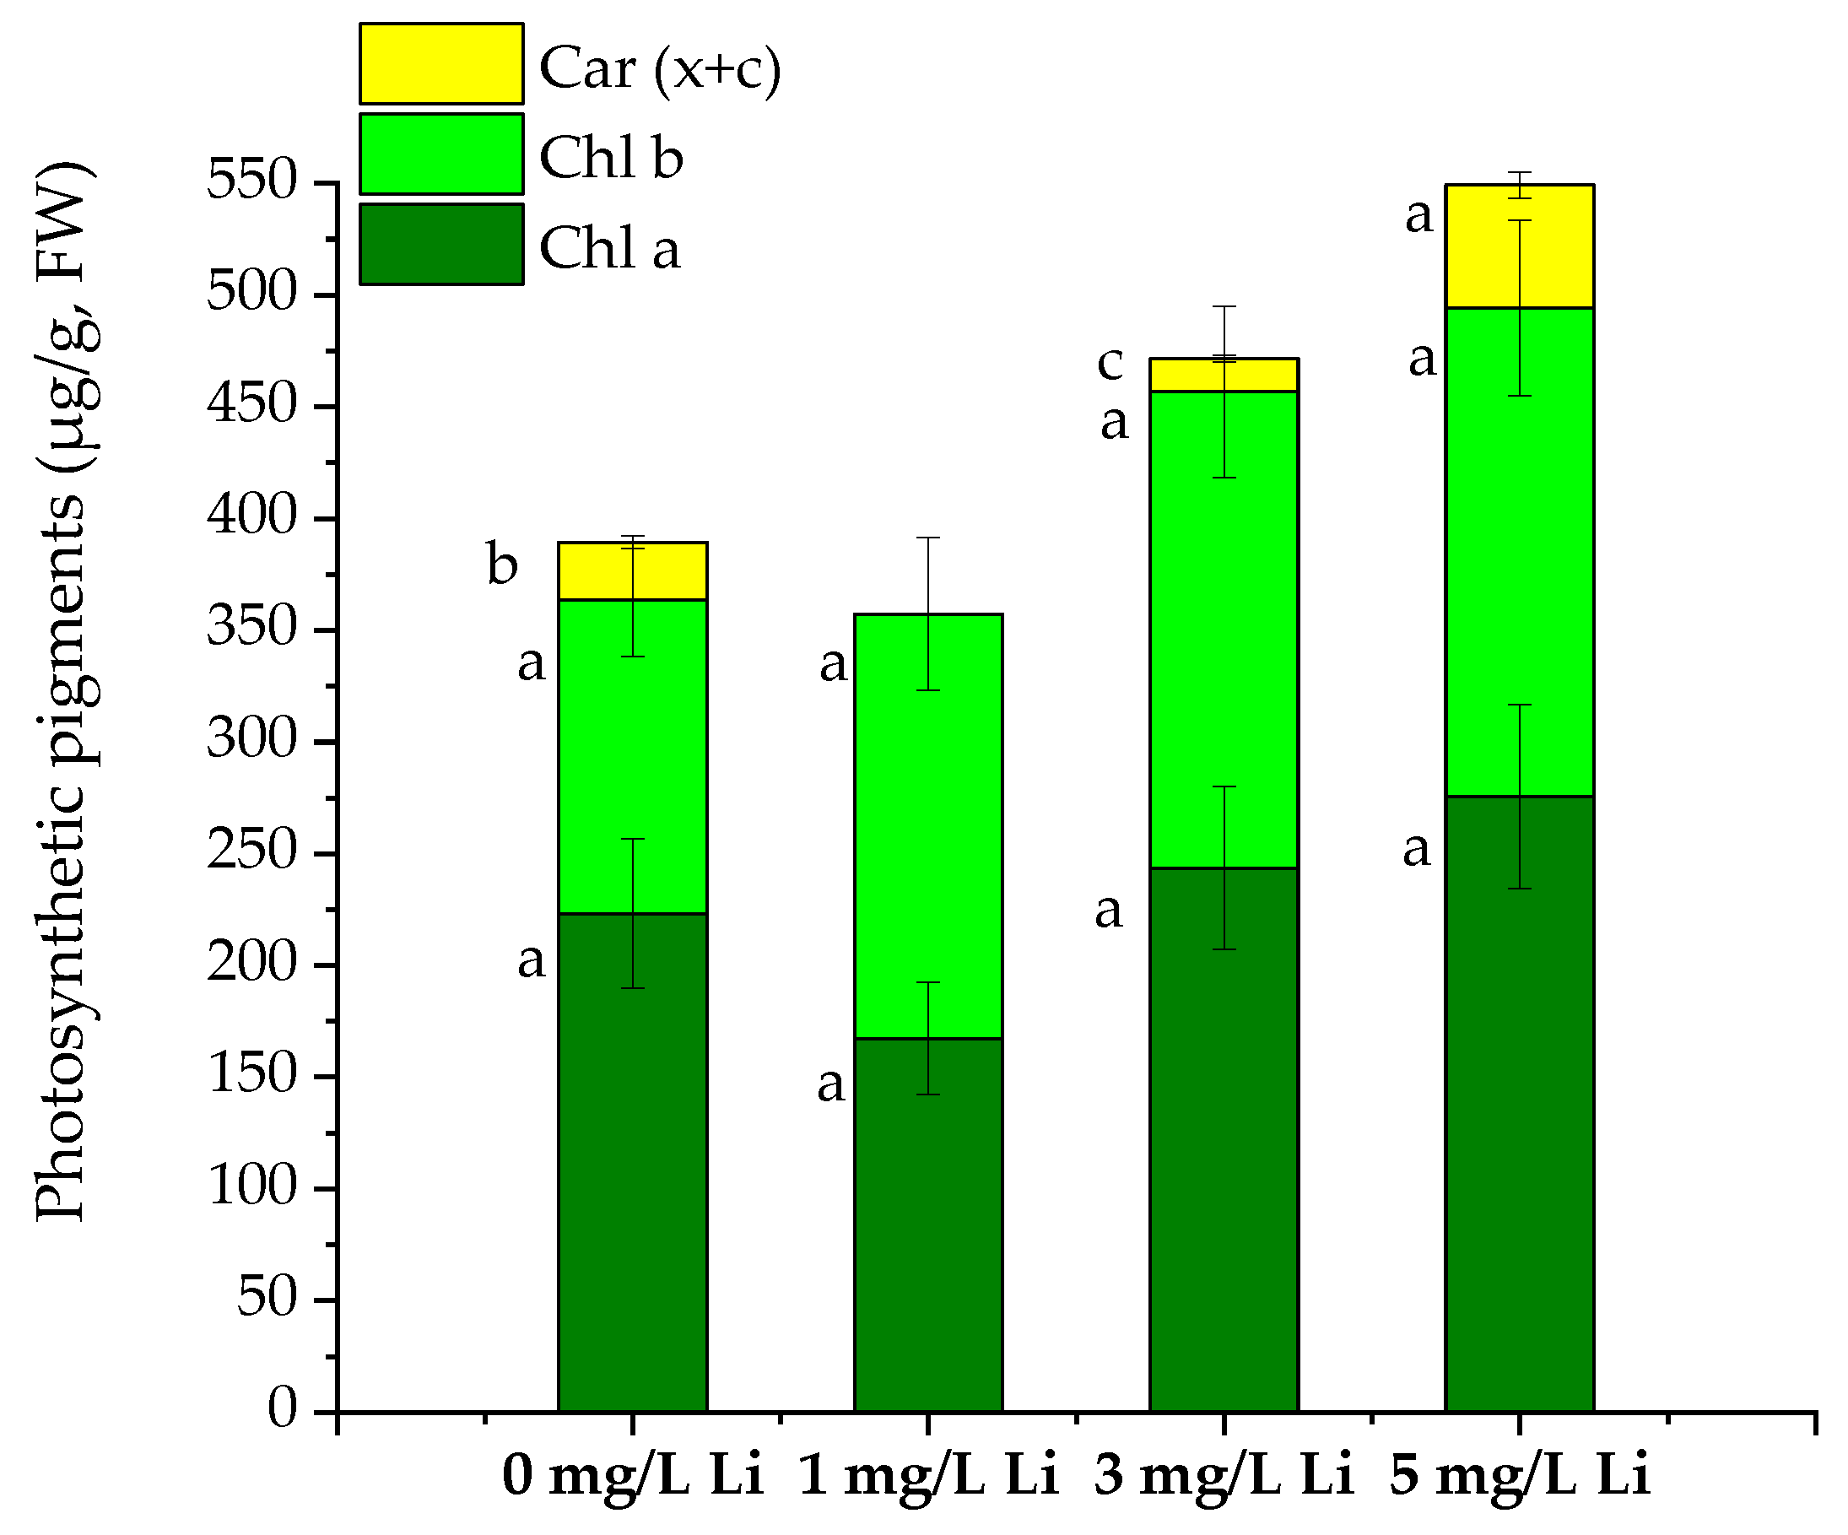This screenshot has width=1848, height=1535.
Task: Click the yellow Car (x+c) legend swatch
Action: click(x=440, y=64)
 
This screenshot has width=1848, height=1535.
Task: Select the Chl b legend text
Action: click(x=611, y=158)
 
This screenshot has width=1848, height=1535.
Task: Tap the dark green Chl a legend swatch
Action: click(x=440, y=245)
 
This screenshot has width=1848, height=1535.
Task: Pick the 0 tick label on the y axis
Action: click(x=284, y=1410)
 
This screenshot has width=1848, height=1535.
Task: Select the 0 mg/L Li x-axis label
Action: click(x=632, y=1476)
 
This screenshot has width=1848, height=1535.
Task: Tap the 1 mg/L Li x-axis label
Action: click(x=927, y=1476)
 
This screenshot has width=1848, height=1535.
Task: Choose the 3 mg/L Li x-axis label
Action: click(x=1224, y=1476)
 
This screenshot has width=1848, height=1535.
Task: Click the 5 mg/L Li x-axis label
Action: click(x=1519, y=1476)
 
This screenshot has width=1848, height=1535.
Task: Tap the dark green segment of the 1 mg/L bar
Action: click(x=927, y=1224)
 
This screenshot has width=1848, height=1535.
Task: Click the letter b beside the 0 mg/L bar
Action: click(x=501, y=565)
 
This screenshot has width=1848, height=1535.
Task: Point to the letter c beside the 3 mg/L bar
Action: click(x=1110, y=363)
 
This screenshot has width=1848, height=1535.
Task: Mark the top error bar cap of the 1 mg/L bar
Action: click(x=927, y=538)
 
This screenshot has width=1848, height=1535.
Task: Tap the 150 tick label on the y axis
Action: click(x=252, y=1075)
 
